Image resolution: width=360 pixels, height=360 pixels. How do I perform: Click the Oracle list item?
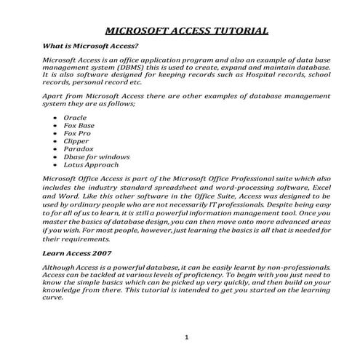75,117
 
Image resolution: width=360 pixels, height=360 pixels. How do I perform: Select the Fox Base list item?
79,125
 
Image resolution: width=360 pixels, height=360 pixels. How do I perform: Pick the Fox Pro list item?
77,133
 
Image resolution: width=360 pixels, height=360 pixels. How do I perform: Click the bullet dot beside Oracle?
56,117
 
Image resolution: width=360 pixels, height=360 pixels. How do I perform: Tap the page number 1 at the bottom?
186,337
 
